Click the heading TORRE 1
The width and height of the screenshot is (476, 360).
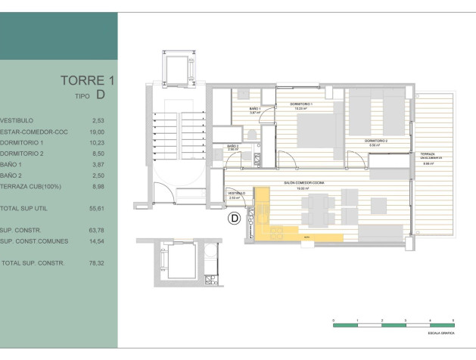(87, 80)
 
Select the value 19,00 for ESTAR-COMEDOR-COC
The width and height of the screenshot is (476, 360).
(98, 132)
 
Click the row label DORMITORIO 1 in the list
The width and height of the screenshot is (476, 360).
(27, 143)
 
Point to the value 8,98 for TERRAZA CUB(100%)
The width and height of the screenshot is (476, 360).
(98, 186)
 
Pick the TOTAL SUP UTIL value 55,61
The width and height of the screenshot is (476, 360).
(97, 207)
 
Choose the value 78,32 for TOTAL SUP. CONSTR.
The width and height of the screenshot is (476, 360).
(98, 263)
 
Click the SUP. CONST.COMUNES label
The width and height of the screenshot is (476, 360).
(34, 241)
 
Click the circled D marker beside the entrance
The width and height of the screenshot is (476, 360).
(235, 219)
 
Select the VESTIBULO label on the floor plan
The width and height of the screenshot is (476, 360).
(237, 193)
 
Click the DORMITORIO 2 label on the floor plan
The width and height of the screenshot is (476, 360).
(376, 141)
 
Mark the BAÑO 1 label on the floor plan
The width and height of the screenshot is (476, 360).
(255, 109)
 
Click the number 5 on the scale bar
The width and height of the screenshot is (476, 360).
(453, 321)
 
